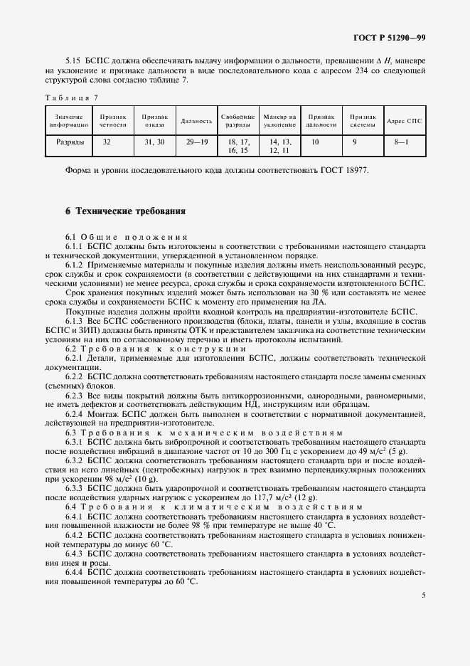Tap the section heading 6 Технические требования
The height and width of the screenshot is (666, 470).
coord(125,211)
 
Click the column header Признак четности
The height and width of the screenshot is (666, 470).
coord(113,120)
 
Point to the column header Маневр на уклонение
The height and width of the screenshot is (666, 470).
coord(279,120)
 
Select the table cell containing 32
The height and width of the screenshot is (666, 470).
coord(107,142)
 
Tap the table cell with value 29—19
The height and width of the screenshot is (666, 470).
coord(197,142)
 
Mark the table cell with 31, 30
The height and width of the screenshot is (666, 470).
coord(154,142)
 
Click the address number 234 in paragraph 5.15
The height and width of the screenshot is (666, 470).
coord(347,72)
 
